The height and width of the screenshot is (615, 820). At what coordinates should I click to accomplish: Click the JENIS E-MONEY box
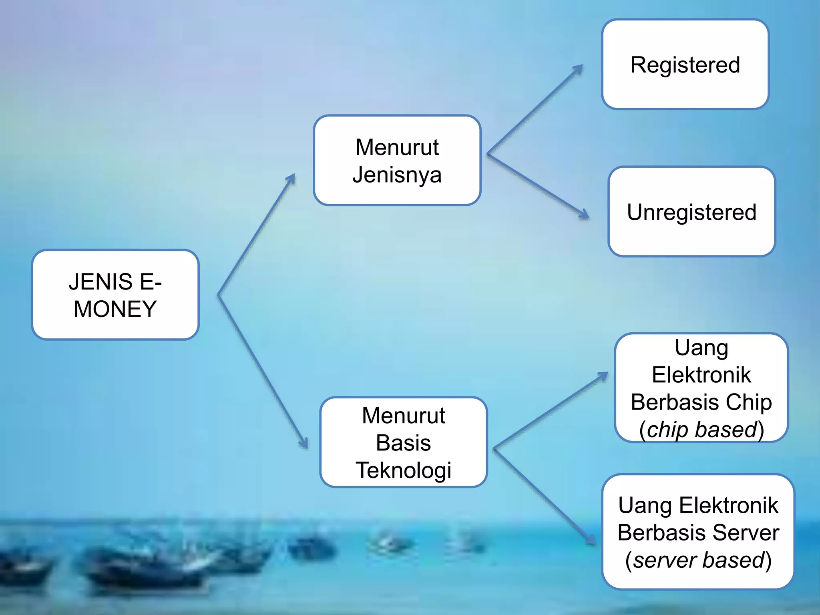(x=115, y=295)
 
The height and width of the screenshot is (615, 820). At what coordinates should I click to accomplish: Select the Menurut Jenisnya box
(x=397, y=160)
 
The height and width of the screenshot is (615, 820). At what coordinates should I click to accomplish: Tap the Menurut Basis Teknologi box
(x=403, y=442)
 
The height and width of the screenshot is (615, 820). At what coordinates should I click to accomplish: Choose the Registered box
(x=685, y=64)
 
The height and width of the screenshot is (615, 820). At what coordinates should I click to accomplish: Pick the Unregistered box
(x=691, y=211)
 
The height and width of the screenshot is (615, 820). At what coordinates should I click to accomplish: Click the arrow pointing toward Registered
(x=535, y=110)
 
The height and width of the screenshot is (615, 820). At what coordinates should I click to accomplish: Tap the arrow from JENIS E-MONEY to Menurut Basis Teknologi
(x=263, y=371)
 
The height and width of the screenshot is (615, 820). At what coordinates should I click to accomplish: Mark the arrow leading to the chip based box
(x=551, y=410)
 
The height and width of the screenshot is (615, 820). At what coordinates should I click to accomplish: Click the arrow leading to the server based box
(x=545, y=496)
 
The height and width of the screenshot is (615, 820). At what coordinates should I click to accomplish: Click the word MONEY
(x=115, y=309)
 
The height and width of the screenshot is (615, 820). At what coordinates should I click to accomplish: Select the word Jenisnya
(x=397, y=175)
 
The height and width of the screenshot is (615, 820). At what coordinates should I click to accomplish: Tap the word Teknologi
(x=403, y=470)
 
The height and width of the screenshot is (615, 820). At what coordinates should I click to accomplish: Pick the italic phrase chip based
(x=702, y=430)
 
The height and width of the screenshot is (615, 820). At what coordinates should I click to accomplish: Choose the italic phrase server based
(x=699, y=560)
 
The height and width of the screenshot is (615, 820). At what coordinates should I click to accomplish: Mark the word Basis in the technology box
(x=403, y=443)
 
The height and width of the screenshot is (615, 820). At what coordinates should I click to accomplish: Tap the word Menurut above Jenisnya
(x=397, y=147)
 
